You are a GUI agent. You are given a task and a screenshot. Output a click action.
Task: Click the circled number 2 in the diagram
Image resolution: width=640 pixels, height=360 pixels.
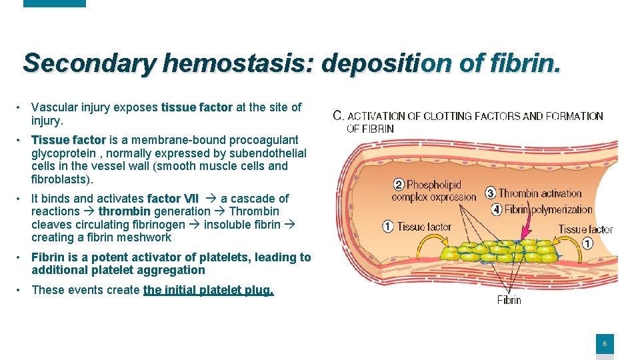click(398, 185)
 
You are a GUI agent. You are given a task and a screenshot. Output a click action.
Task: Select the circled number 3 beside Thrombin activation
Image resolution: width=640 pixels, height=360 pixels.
click(491, 193)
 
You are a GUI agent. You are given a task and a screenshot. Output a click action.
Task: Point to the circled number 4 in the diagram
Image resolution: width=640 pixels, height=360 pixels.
click(496, 209)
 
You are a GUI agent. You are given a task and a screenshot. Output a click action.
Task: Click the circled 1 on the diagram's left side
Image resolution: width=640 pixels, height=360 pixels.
click(388, 227)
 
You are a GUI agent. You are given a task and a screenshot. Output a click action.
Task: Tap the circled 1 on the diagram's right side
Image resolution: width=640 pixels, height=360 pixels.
click(587, 243)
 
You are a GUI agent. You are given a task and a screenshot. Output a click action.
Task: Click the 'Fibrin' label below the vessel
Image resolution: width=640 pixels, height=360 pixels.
click(509, 300)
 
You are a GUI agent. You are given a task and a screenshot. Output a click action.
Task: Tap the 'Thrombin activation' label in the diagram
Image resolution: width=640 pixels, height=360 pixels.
click(540, 193)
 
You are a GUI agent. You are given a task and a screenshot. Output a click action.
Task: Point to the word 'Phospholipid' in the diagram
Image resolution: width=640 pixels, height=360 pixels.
click(434, 185)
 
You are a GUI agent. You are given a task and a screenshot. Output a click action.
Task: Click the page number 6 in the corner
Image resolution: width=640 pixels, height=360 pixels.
click(605, 344)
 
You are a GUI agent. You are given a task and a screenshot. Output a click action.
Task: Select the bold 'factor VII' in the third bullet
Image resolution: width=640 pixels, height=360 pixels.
click(173, 198)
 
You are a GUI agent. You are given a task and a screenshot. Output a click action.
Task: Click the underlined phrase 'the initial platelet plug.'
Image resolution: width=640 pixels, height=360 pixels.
click(208, 290)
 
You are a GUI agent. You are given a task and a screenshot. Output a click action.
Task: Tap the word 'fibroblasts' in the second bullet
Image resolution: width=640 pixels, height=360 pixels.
click(61, 179)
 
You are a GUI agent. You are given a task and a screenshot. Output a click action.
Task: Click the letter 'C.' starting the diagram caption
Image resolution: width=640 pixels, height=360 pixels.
click(338, 115)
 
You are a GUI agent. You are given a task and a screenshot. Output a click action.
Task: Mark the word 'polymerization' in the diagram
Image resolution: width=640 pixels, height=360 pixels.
click(562, 209)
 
